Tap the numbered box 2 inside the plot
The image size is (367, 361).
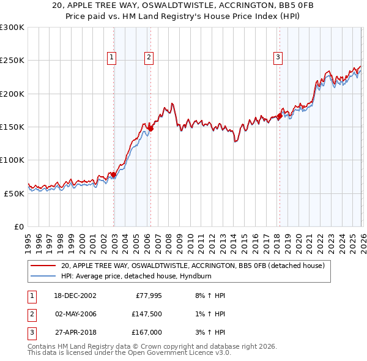coord(149,58)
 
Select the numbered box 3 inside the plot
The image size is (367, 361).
coord(278,58)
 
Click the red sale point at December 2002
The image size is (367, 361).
coord(114,175)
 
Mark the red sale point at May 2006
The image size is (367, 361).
coord(150,128)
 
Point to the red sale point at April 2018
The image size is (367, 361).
coord(280,116)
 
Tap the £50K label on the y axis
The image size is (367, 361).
coord(14,193)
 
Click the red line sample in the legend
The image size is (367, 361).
coord(43,266)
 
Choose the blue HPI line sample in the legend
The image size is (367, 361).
coord(43,277)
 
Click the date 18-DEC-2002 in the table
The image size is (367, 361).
coord(75,296)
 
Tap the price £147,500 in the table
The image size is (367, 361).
coord(147,314)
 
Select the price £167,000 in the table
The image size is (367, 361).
coord(147,332)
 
